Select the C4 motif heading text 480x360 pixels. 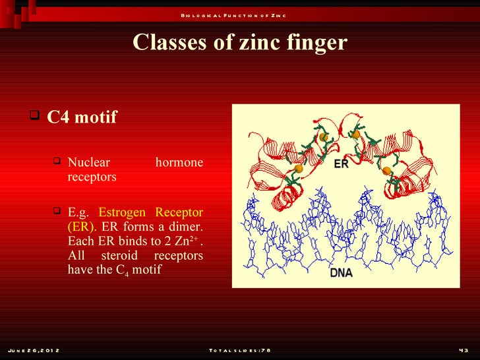82,117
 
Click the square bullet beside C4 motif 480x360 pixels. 35,116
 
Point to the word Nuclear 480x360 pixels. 89,162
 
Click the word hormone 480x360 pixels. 179,162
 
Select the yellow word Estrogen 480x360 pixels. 122,212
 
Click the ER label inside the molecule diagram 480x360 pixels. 341,164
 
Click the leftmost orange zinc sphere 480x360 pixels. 299,169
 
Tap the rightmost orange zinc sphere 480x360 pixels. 387,171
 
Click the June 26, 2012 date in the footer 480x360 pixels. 34,350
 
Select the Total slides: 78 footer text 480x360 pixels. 239,350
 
